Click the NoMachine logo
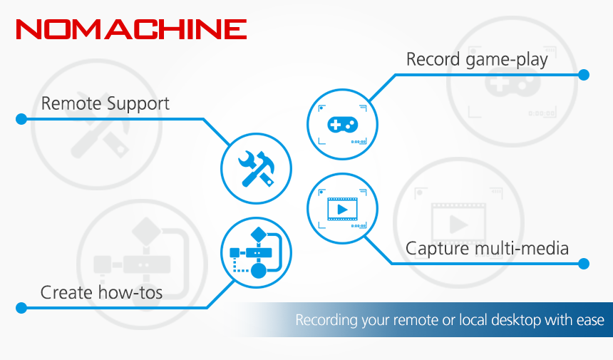click(x=131, y=29)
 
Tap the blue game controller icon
click(x=342, y=124)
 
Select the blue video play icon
click(x=342, y=210)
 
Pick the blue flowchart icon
click(x=257, y=253)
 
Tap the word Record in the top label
click(x=433, y=59)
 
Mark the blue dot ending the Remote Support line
click(x=21, y=119)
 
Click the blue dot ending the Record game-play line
click(x=584, y=75)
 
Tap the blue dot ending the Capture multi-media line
click(x=584, y=264)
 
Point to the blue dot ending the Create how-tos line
click(x=21, y=308)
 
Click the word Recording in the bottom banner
click(x=326, y=320)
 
